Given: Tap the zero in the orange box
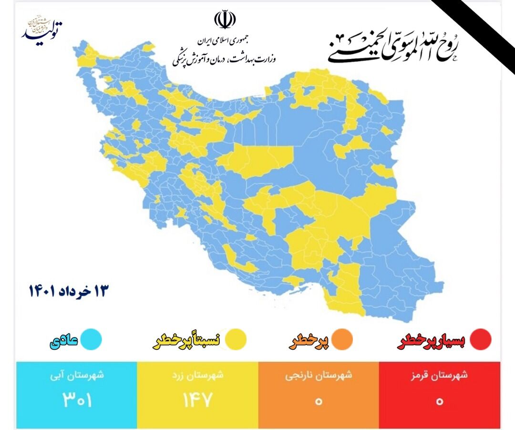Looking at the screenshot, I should point(319,401).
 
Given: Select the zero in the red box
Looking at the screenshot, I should point(439,401).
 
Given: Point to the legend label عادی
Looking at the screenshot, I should point(63,340).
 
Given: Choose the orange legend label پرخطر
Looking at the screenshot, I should point(310,341).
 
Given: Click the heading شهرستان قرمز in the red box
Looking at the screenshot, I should point(439,375).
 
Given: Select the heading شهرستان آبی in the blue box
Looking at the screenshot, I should point(77,375).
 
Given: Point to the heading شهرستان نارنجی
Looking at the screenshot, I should point(319,375).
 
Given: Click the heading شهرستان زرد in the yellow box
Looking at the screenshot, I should point(198,375).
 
